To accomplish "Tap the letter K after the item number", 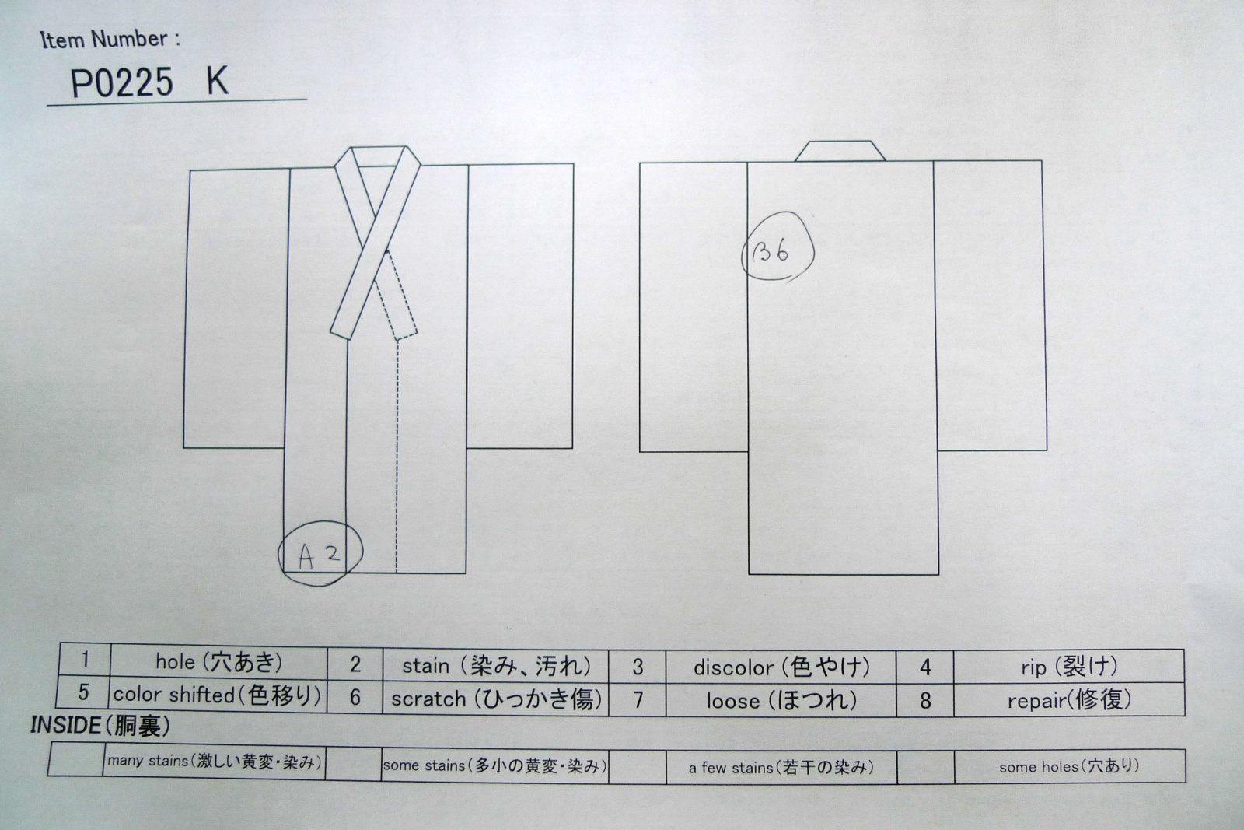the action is tap(217, 82).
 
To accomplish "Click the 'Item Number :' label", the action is tap(110, 40).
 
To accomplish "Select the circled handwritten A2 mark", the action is tap(320, 553).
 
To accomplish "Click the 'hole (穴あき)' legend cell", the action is tap(218, 661).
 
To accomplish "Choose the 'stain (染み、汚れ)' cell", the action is tap(496, 665).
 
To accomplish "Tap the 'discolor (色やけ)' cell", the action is tap(781, 667).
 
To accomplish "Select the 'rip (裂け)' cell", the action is tap(1068, 666).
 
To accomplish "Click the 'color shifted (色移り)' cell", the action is tap(218, 695).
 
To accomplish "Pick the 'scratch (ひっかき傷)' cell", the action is tap(496, 699).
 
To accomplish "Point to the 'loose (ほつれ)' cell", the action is tap(781, 700).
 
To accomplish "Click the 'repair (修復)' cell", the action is tap(1068, 700).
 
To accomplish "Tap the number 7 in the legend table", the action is tap(638, 700).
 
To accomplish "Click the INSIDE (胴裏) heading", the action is tap(100, 726).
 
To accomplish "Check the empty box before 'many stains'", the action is tap(76, 759).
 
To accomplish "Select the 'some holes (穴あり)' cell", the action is tap(1069, 767).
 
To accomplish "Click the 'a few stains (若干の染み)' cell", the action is tap(781, 768).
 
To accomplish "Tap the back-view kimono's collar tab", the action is tap(840, 151).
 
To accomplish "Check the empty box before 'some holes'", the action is tap(926, 767).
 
